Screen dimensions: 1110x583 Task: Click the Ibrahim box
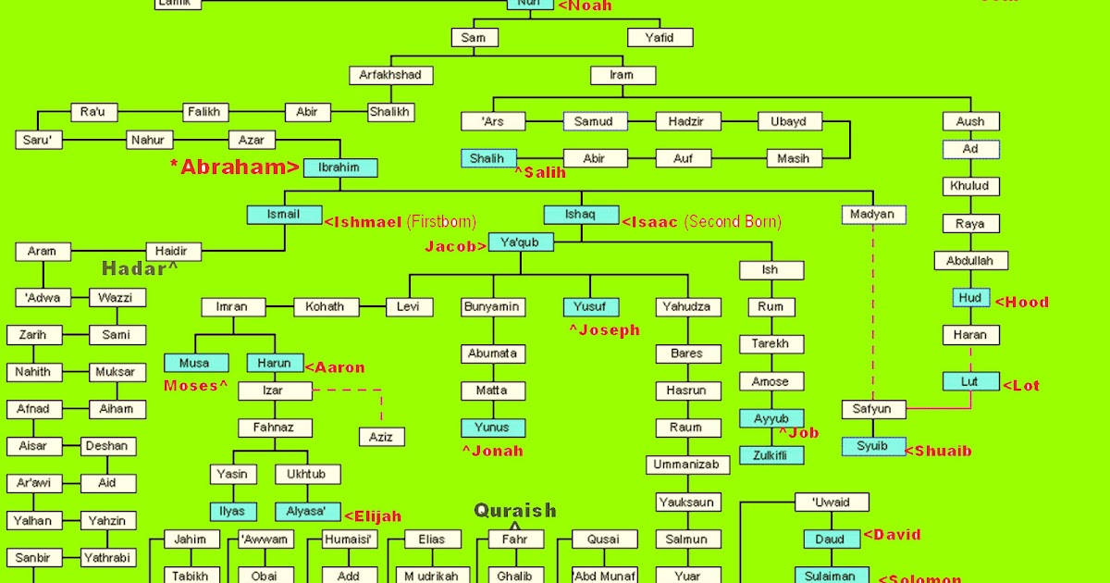[339, 168]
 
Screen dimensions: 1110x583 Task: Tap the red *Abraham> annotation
[235, 167]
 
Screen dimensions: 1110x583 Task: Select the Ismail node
[283, 215]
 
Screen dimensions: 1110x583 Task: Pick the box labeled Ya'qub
[520, 242]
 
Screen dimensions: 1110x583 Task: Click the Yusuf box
[590, 307]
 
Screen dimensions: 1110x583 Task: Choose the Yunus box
[493, 428]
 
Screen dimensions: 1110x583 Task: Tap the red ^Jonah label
[493, 452]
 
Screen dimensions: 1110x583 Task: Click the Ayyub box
[771, 418]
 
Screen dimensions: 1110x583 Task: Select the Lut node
[970, 381]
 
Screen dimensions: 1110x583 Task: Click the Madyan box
[874, 215]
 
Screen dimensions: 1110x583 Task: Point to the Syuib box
[872, 446]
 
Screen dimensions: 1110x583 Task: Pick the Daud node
[831, 539]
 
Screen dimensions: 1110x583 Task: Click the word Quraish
[515, 510]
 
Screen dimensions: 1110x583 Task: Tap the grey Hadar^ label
[140, 268]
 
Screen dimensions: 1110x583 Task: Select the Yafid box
[660, 38]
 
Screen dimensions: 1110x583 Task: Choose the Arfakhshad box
[391, 75]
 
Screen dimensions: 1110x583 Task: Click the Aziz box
[381, 436]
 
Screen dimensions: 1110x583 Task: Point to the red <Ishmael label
[363, 222]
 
